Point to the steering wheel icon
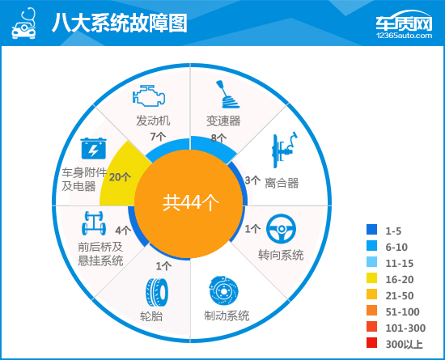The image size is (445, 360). [x=281, y=230]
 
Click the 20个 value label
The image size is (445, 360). [x=119, y=177]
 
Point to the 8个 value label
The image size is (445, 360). [x=218, y=138]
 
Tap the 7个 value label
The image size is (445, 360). [x=159, y=136]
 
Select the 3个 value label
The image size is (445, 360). [x=252, y=180]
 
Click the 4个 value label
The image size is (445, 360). [x=123, y=231]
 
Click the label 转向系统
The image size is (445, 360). [x=281, y=255]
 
